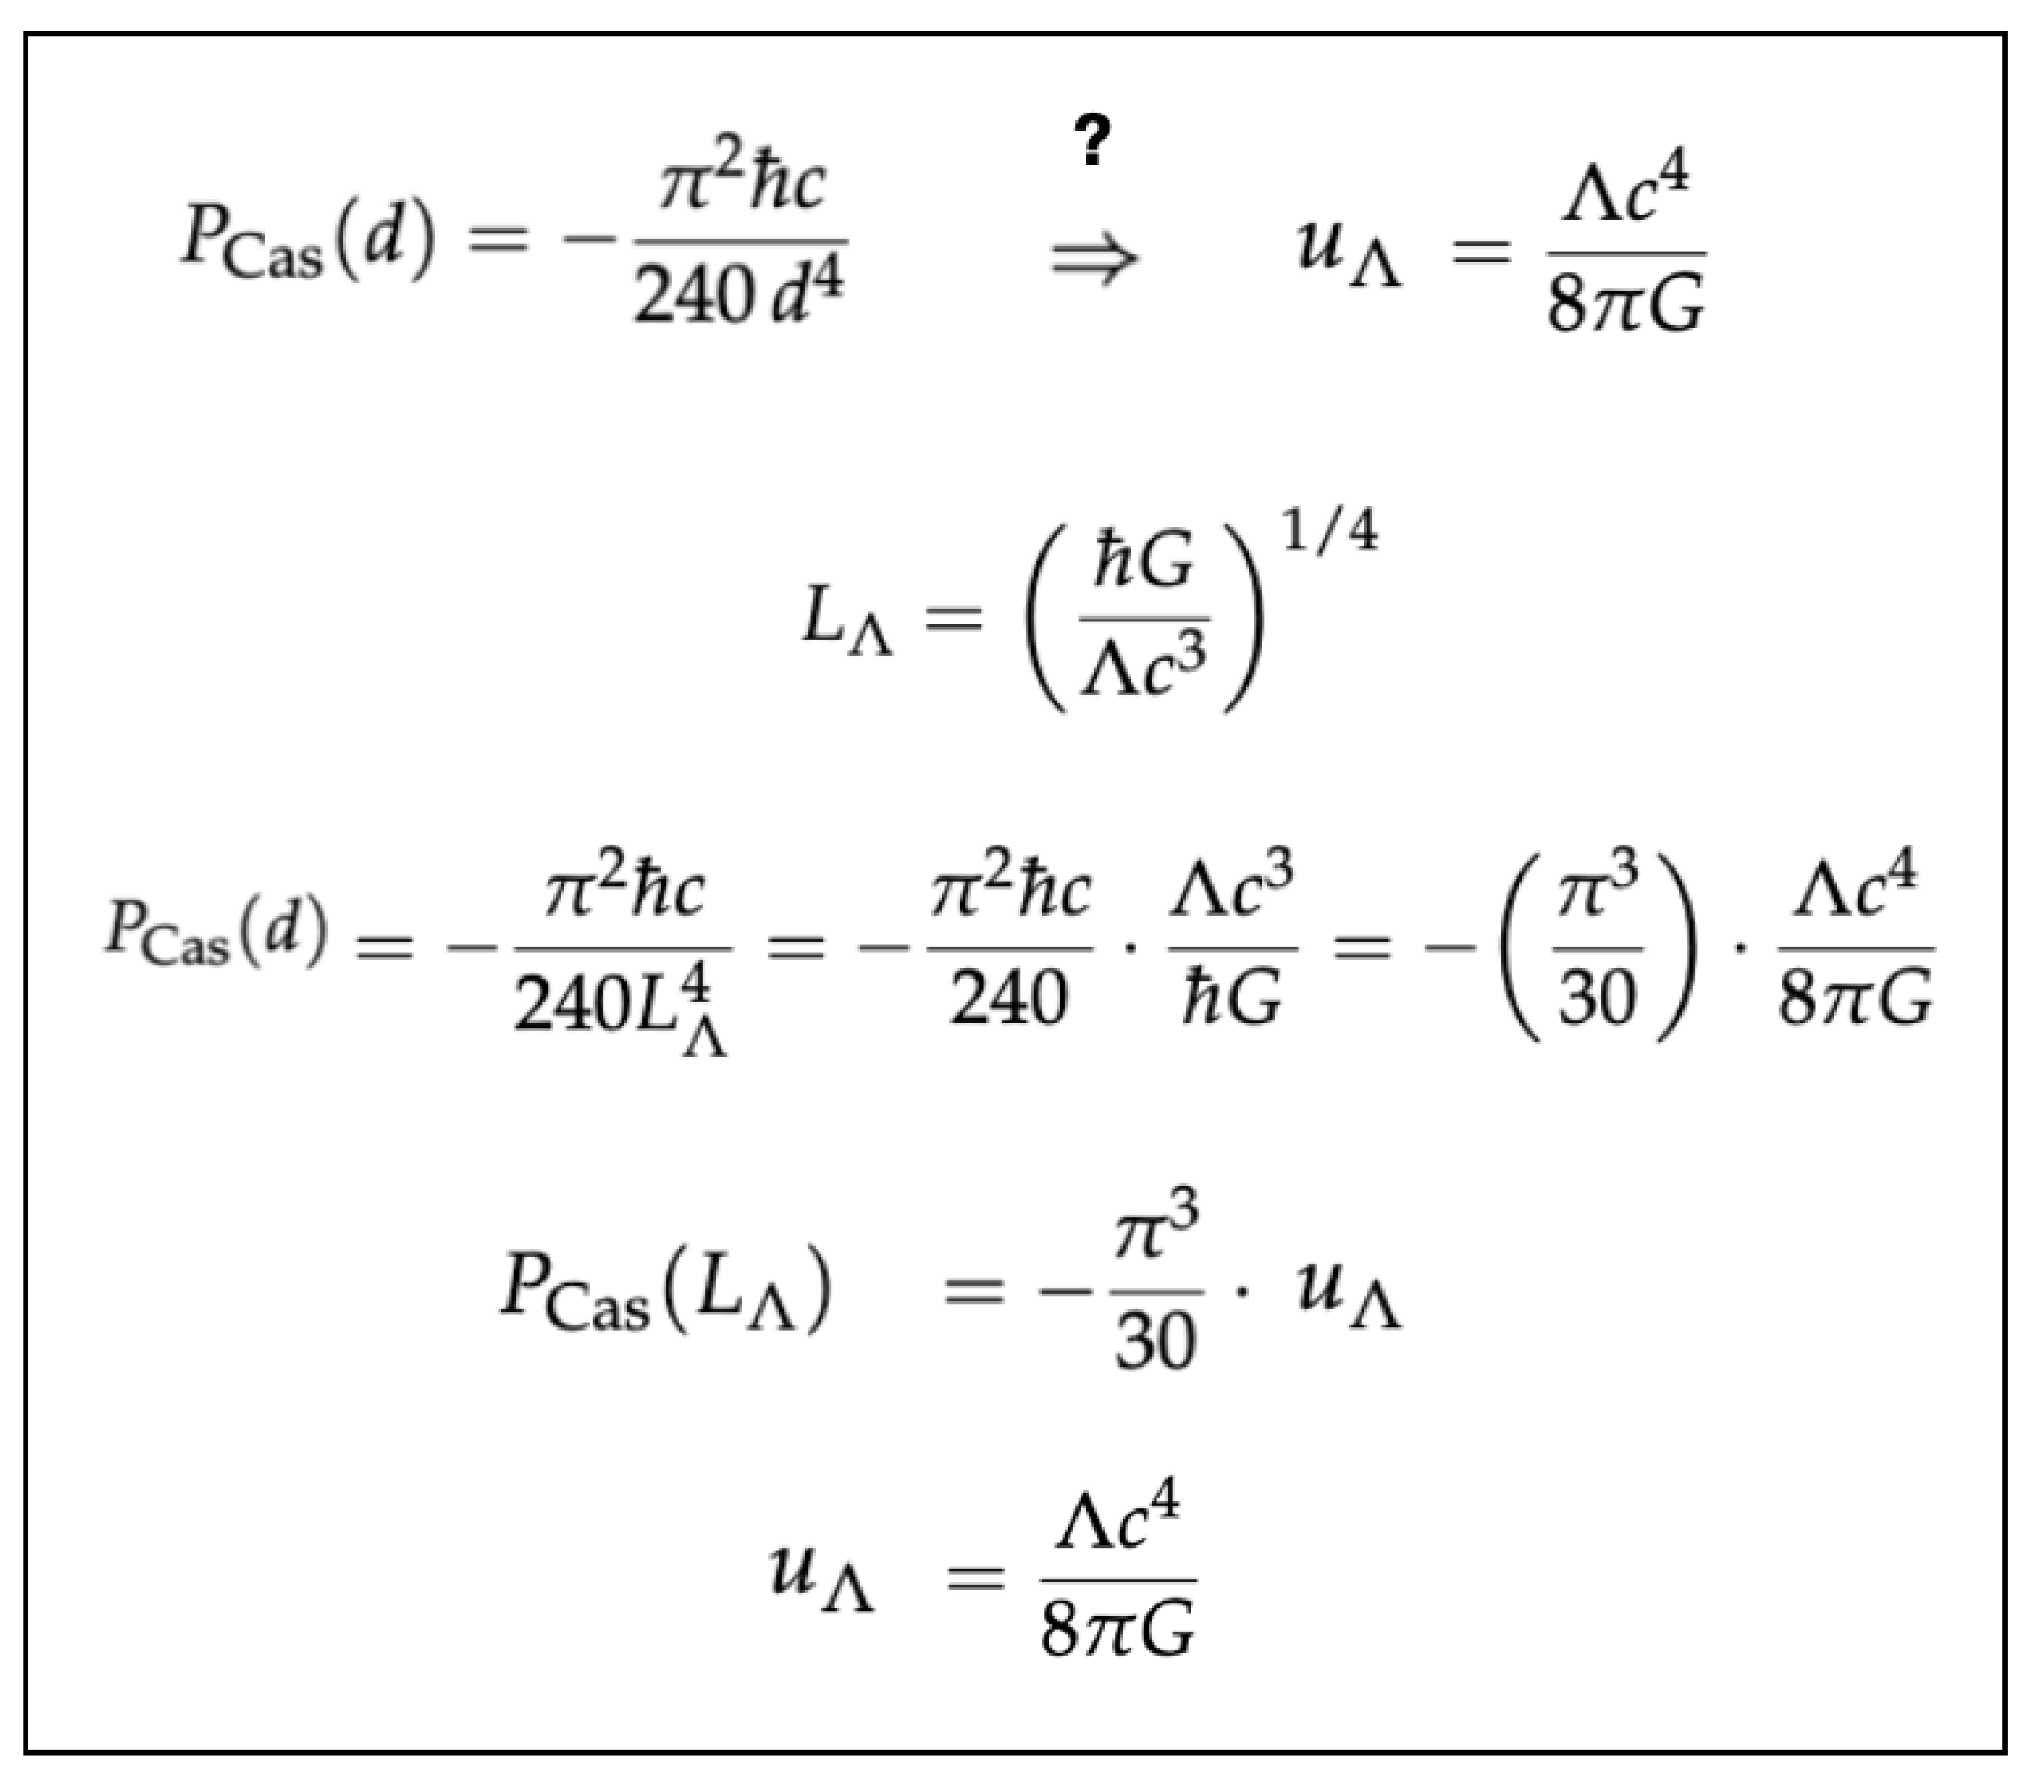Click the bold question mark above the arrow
[1093, 141]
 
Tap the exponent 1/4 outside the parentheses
[1330, 535]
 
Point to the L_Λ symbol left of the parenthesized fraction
[846, 621]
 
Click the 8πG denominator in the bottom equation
[1117, 1628]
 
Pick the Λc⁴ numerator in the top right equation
[1625, 191]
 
